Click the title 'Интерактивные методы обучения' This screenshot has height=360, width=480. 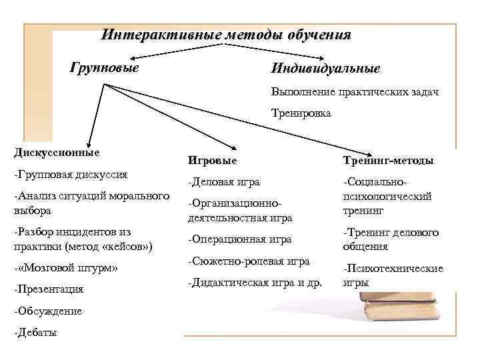coord(226,35)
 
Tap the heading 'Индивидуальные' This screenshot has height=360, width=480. coord(325,69)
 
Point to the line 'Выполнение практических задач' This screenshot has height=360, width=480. coord(354,91)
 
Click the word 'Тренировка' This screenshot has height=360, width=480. coord(301,113)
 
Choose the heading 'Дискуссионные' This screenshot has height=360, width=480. coord(56,152)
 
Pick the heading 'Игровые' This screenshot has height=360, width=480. coord(213,160)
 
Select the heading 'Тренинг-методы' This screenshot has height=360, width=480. coord(388,161)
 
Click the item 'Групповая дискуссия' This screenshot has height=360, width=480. coord(71,175)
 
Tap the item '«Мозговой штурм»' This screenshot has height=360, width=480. coord(65,269)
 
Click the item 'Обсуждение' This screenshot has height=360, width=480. coord(48,311)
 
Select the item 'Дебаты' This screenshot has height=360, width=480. coord(35,333)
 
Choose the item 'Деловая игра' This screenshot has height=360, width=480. coord(224,181)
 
